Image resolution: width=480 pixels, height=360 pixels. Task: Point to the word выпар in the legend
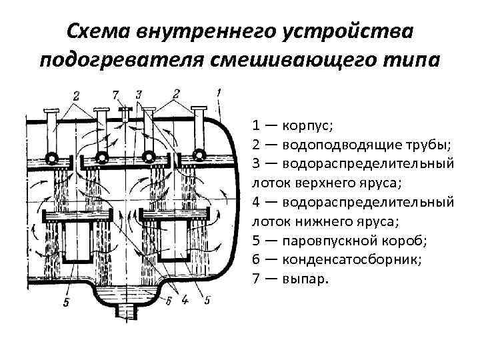(x=305, y=279)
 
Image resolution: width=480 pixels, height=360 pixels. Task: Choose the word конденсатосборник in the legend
(x=351, y=259)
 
